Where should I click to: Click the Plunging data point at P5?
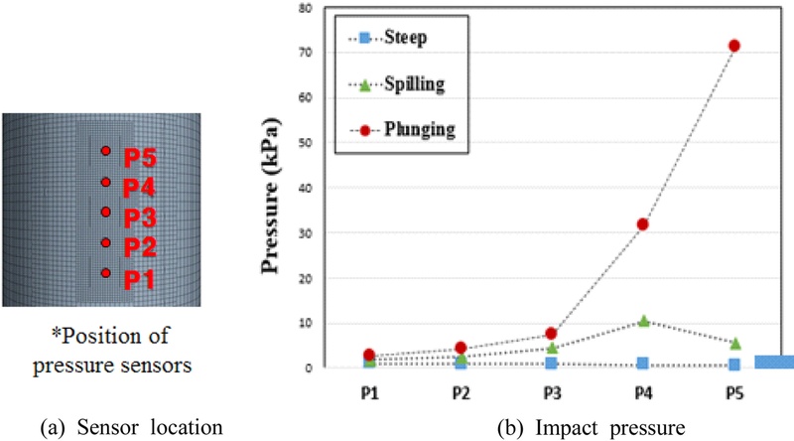[734, 46]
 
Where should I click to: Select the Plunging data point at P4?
[643, 224]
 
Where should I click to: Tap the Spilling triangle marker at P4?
[643, 321]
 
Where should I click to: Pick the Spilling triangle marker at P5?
[734, 343]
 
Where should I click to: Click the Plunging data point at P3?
[552, 334]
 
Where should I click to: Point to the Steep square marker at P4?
[643, 364]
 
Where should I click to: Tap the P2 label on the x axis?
[460, 392]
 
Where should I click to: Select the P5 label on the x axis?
[733, 392]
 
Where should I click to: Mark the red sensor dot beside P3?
[105, 212]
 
